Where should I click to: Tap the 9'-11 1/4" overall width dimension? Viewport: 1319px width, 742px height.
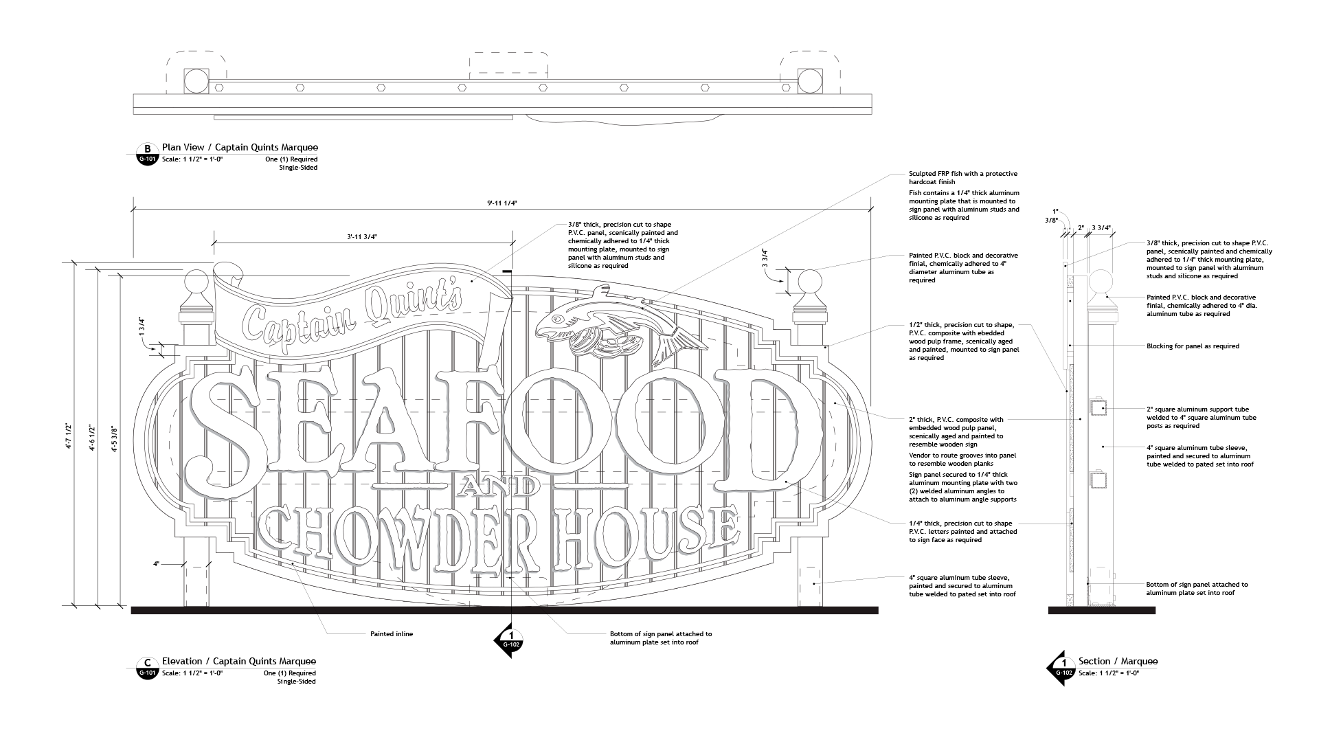coord(502,203)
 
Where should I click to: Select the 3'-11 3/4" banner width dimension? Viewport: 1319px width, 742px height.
coord(362,236)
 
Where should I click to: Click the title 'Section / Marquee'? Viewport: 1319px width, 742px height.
coord(1118,662)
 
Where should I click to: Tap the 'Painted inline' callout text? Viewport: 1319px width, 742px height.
coord(392,634)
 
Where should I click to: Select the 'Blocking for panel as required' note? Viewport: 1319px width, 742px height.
coord(1193,346)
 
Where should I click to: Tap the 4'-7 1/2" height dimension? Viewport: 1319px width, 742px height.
coord(68,436)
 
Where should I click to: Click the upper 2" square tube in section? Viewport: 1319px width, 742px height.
coord(1098,408)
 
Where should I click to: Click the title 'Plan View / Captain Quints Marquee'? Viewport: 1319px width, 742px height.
coord(240,148)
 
